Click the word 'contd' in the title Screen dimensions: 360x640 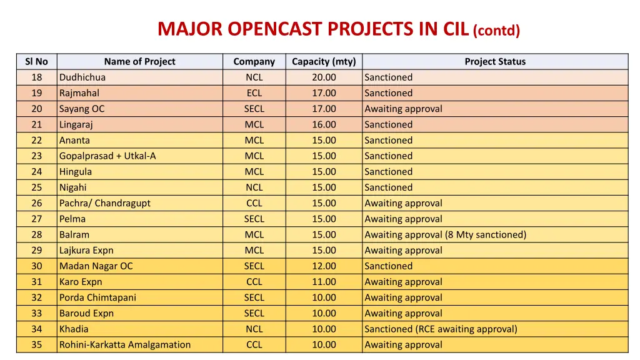(x=496, y=31)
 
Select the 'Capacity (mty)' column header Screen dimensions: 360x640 (x=324, y=61)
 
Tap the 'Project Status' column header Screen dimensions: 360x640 (x=495, y=61)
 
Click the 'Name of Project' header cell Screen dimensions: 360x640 (x=139, y=61)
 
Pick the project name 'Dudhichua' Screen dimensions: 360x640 (x=82, y=77)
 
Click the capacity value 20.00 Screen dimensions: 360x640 (x=324, y=77)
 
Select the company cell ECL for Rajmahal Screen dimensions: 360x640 (x=254, y=93)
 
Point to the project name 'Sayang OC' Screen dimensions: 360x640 (x=82, y=109)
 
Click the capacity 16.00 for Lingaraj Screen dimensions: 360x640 (x=324, y=124)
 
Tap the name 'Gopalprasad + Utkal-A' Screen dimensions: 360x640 (x=107, y=156)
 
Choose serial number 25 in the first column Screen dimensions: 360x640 (x=37, y=187)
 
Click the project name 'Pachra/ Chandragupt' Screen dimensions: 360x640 (x=105, y=203)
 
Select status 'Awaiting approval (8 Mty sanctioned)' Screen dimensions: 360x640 (x=446, y=235)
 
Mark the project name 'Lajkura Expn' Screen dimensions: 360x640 (x=86, y=251)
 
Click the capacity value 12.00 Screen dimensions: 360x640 (x=324, y=266)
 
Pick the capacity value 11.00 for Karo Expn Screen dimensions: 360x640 (x=324, y=282)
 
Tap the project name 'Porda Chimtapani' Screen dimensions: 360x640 (x=97, y=297)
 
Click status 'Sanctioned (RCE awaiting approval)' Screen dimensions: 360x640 (x=441, y=329)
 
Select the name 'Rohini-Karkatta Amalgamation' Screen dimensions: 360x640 (x=125, y=345)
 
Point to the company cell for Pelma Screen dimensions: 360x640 (x=254, y=219)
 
